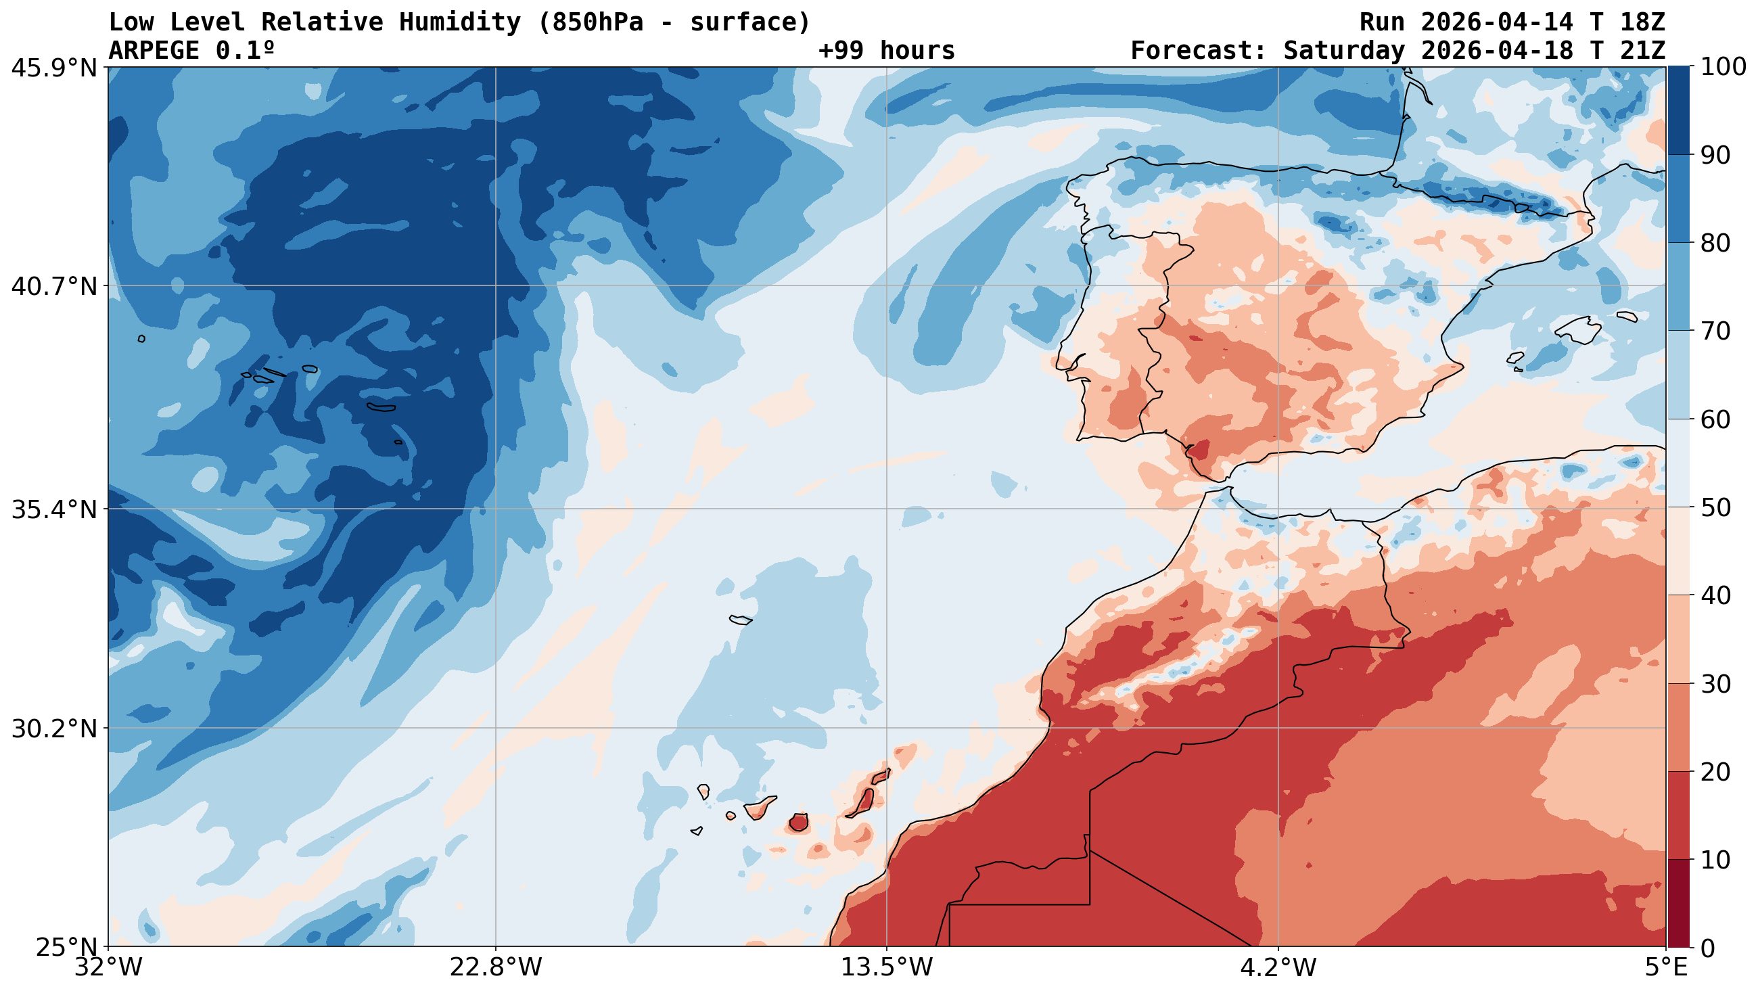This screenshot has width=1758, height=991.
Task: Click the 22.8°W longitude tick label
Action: [495, 968]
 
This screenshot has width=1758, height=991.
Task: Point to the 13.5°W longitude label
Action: [887, 968]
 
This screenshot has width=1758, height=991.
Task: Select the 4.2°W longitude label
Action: [1278, 968]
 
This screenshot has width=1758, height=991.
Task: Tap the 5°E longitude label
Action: [1666, 968]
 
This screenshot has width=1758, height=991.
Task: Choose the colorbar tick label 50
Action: [1714, 508]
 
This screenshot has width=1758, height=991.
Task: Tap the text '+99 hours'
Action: [886, 51]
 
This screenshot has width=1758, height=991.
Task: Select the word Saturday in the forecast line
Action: [1344, 51]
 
